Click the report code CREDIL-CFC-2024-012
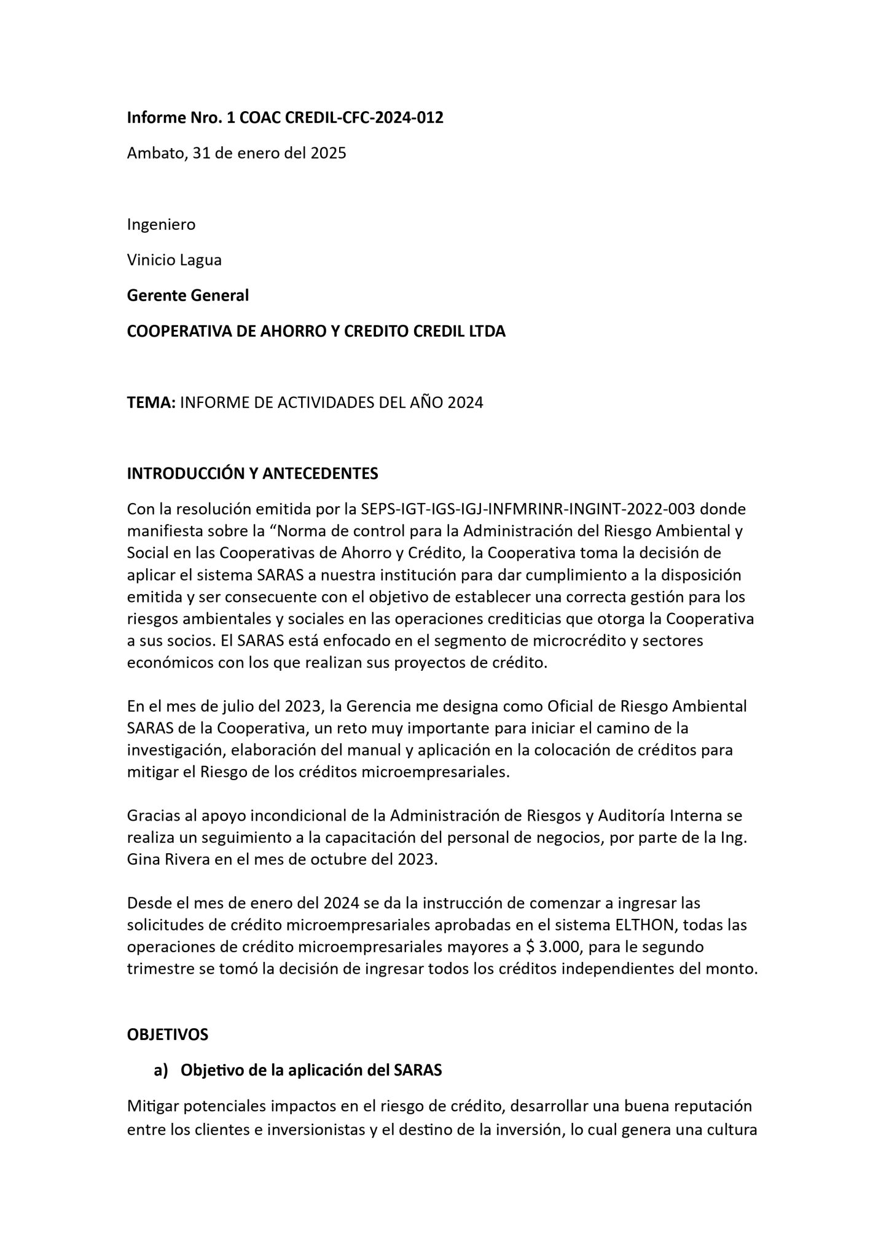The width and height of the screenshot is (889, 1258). pos(364,118)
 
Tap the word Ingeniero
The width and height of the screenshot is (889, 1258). pos(161,225)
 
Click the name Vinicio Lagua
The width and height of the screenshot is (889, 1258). pos(174,260)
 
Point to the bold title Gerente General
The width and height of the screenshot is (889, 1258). pos(187,295)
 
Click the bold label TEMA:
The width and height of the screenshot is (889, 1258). pos(151,403)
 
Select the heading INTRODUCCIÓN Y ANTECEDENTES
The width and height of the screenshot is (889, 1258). pos(252,474)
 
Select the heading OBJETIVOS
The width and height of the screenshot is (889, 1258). pos(167,1035)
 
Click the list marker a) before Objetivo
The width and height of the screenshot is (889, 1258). pos(160,1071)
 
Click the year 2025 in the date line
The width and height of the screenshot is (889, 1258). pos(328,154)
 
